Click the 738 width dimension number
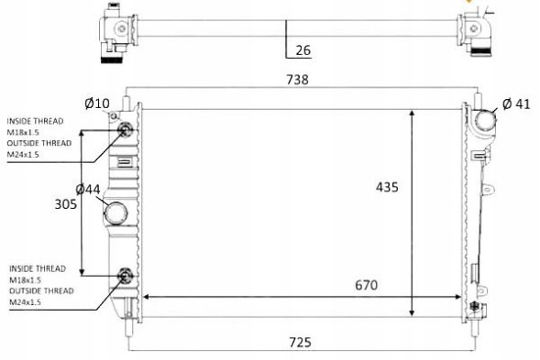pyautogui.click(x=298, y=80)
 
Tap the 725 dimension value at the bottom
pyautogui.click(x=300, y=343)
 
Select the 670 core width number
pyautogui.click(x=366, y=285)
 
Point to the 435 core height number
pyautogui.click(x=387, y=187)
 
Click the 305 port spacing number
pyautogui.click(x=66, y=204)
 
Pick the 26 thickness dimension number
pyautogui.click(x=303, y=50)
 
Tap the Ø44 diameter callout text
pyautogui.click(x=88, y=190)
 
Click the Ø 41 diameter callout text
pyautogui.click(x=516, y=104)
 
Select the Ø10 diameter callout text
pyautogui.click(x=97, y=103)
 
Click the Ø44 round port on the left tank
pyautogui.click(x=116, y=213)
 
